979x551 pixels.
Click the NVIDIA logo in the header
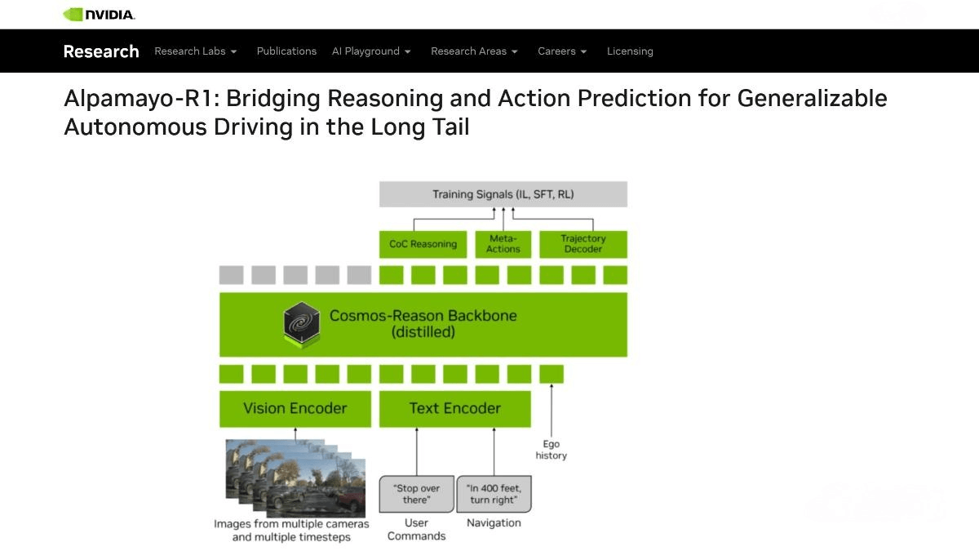coord(99,14)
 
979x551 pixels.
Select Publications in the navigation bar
coord(286,51)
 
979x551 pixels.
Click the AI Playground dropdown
coord(371,51)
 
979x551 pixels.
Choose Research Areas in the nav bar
coord(474,51)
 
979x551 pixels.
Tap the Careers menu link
coord(562,51)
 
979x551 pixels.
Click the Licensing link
coord(630,51)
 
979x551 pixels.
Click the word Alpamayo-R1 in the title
coord(141,98)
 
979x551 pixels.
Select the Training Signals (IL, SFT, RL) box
coord(503,194)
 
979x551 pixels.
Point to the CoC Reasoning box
coord(423,244)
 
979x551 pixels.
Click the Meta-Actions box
coord(503,244)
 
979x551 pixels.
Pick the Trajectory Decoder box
coord(583,244)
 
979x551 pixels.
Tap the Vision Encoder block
coord(295,408)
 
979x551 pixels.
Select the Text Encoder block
coord(454,408)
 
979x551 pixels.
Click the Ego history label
coord(551,450)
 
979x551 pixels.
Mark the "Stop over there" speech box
coord(416,494)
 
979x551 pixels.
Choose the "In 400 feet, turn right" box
coord(494,494)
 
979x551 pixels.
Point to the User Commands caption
coord(416,529)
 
